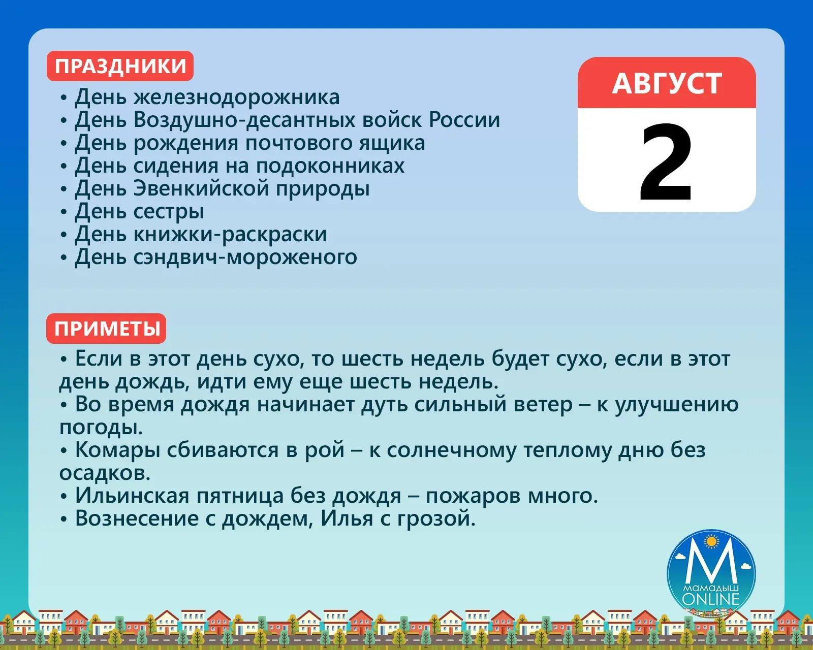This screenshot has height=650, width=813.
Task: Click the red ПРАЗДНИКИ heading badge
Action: click(120, 66)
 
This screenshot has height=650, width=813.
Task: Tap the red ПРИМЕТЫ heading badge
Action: click(106, 329)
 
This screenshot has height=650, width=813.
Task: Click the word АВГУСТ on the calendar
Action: click(667, 83)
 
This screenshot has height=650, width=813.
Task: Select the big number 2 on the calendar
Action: click(666, 163)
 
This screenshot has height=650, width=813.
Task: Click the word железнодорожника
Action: click(236, 97)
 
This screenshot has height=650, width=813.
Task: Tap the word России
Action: click(464, 120)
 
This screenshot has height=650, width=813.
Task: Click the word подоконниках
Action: click(330, 166)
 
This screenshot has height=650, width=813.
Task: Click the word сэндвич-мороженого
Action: click(245, 257)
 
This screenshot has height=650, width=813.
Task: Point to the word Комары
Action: click(117, 451)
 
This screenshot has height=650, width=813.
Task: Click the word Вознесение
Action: click(137, 518)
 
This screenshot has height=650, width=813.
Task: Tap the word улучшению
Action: click(677, 405)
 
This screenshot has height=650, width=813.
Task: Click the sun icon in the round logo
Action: click(712, 542)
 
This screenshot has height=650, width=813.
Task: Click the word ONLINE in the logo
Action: click(711, 599)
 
